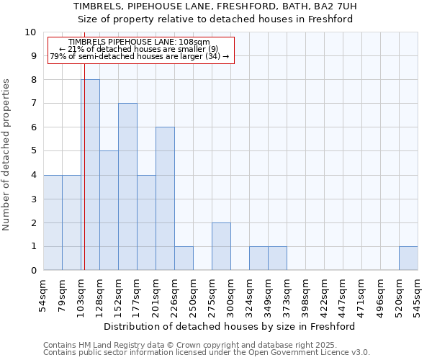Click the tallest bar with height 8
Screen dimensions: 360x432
click(x=90, y=175)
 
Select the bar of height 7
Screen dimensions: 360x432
click(x=127, y=186)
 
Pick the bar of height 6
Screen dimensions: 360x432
click(x=165, y=199)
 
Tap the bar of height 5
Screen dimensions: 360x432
click(x=109, y=210)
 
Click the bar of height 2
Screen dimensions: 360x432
click(x=221, y=246)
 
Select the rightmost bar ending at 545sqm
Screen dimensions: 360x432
click(x=408, y=258)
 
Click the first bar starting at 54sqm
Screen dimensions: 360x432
click(x=53, y=222)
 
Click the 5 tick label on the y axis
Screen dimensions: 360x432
click(x=33, y=151)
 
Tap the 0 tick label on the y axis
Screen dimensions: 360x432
click(x=33, y=271)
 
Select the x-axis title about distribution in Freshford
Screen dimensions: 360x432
click(x=230, y=326)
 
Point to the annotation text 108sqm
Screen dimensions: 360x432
click(x=140, y=42)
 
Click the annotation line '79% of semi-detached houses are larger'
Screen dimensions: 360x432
click(x=140, y=56)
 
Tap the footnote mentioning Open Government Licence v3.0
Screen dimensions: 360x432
click(x=207, y=353)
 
